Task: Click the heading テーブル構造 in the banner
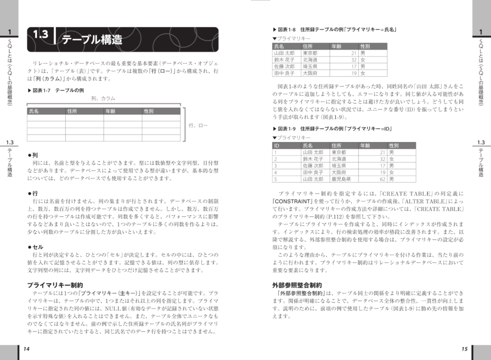point(92,40)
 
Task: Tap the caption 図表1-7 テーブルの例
point(56,91)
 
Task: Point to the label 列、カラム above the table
point(104,99)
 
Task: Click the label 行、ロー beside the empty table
point(198,126)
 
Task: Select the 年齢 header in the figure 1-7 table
point(110,111)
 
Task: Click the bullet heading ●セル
point(35,247)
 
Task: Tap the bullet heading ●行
point(33,194)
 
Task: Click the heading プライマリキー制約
point(55,284)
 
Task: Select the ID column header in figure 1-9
point(277,146)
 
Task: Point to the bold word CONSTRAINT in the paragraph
point(293,201)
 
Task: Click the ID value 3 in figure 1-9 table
point(275,166)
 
